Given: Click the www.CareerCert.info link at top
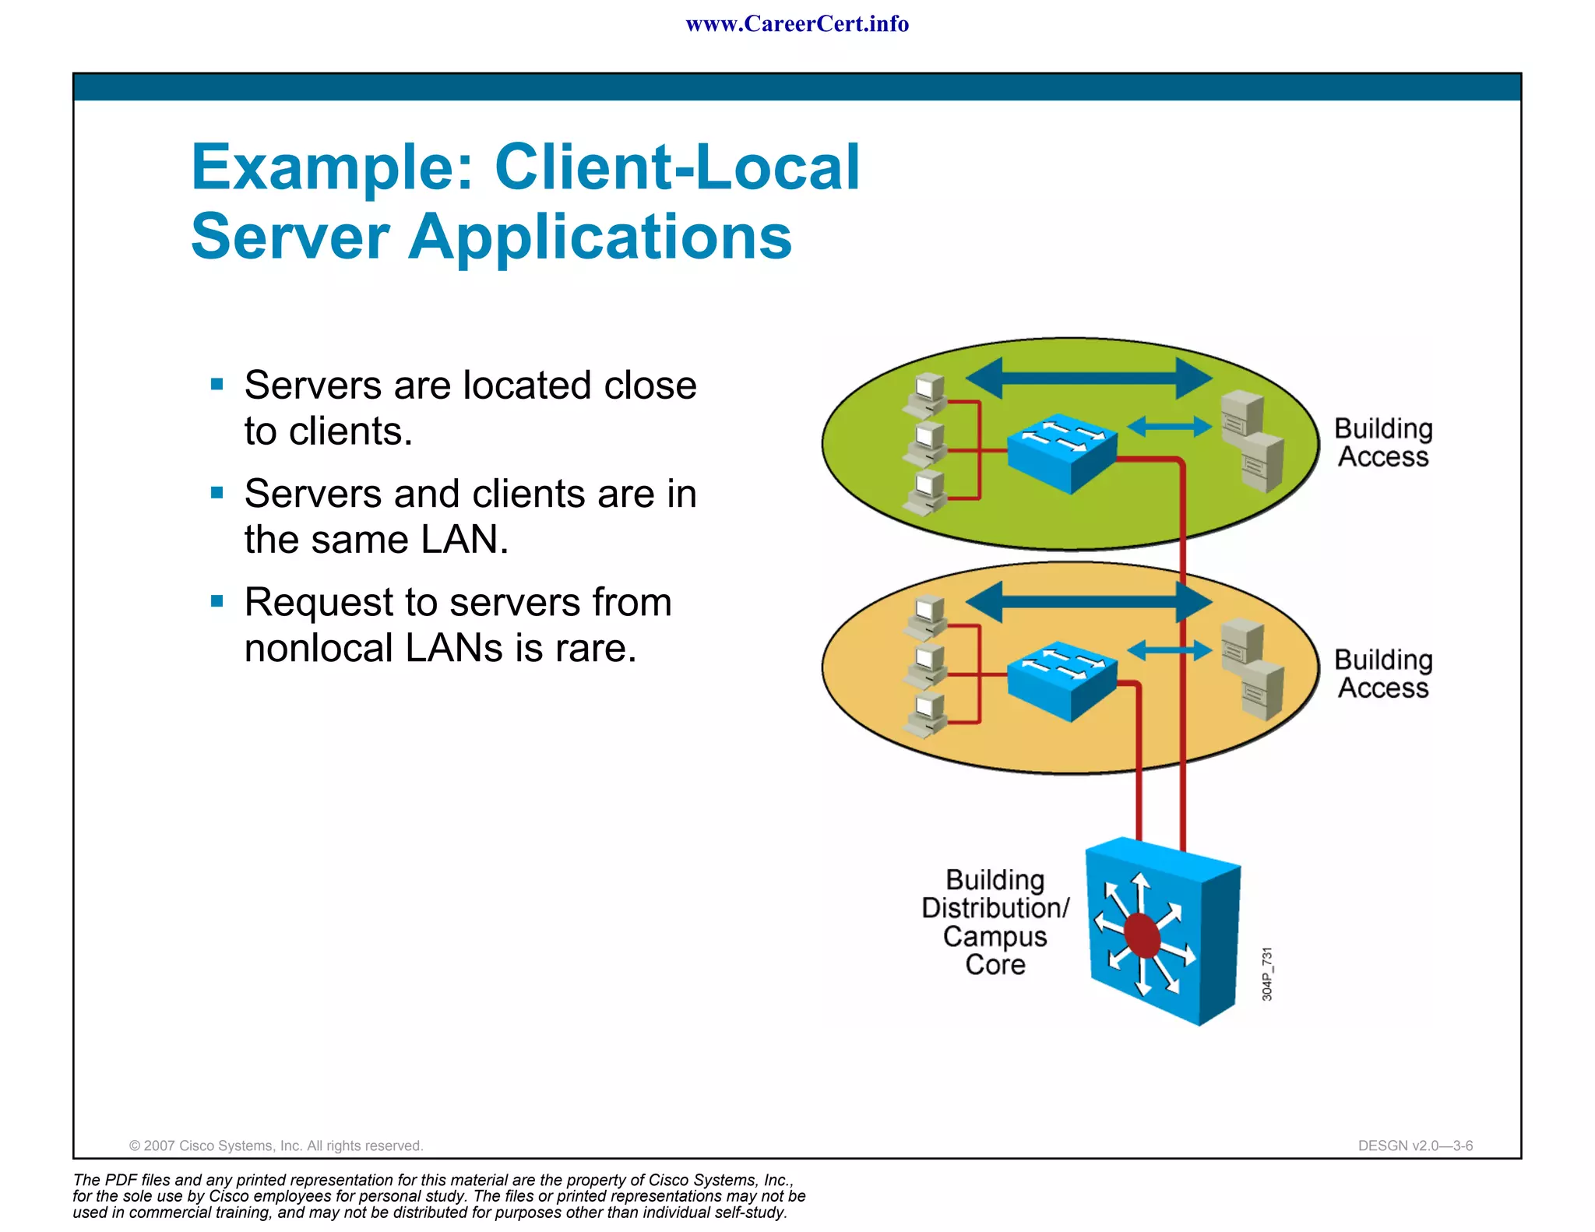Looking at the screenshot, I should point(797,24).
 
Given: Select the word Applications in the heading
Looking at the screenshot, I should point(600,237).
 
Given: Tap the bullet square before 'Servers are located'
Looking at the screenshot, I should point(217,384).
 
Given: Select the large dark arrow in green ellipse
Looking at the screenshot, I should point(1088,378).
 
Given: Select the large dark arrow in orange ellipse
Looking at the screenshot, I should point(1088,602).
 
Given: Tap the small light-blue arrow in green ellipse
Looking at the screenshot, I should point(1169,426).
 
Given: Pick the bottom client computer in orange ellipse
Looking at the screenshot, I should point(926,715).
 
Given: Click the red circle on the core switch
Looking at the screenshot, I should point(1143,935).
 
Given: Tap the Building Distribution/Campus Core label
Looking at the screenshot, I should point(995,922).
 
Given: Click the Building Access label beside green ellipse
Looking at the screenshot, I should point(1383,442).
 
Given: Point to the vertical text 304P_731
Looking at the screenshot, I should point(1267,973).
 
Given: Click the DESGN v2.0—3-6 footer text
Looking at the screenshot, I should point(1414,1146).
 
